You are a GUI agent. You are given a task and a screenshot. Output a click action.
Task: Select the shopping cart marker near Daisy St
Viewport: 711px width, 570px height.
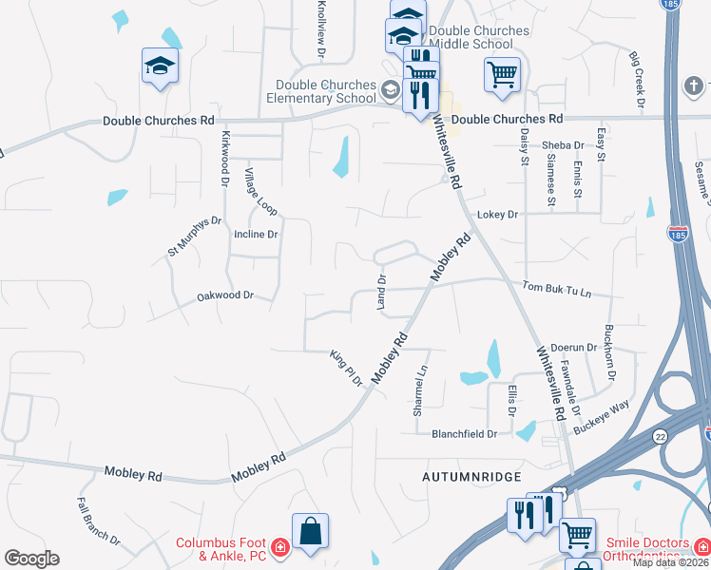502,74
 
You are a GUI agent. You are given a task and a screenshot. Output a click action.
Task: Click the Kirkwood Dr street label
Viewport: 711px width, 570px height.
225,158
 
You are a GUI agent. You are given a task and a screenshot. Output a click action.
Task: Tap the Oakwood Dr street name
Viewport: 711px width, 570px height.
225,295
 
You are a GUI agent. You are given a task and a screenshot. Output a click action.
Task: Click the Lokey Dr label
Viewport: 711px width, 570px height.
497,215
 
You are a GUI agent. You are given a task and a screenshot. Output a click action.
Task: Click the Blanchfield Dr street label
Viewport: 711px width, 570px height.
465,433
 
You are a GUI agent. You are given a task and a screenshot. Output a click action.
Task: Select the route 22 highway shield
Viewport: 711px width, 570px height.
659,435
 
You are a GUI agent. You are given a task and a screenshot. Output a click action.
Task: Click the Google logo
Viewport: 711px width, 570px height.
31,559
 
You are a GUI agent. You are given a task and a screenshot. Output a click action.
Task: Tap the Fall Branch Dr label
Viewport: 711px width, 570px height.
99,522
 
